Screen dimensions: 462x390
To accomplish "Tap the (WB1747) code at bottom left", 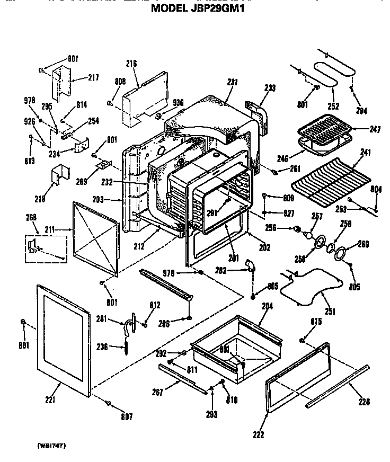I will (51, 446).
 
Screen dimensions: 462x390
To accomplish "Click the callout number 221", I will (50, 399).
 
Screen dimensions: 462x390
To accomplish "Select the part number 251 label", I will (330, 312).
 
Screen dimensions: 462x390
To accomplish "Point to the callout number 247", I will (375, 129).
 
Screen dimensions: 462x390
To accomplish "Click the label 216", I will (131, 64).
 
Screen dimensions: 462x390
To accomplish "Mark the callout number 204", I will (267, 306).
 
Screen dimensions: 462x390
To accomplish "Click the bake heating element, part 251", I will (307, 286).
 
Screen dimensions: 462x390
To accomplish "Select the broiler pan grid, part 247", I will (323, 129).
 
